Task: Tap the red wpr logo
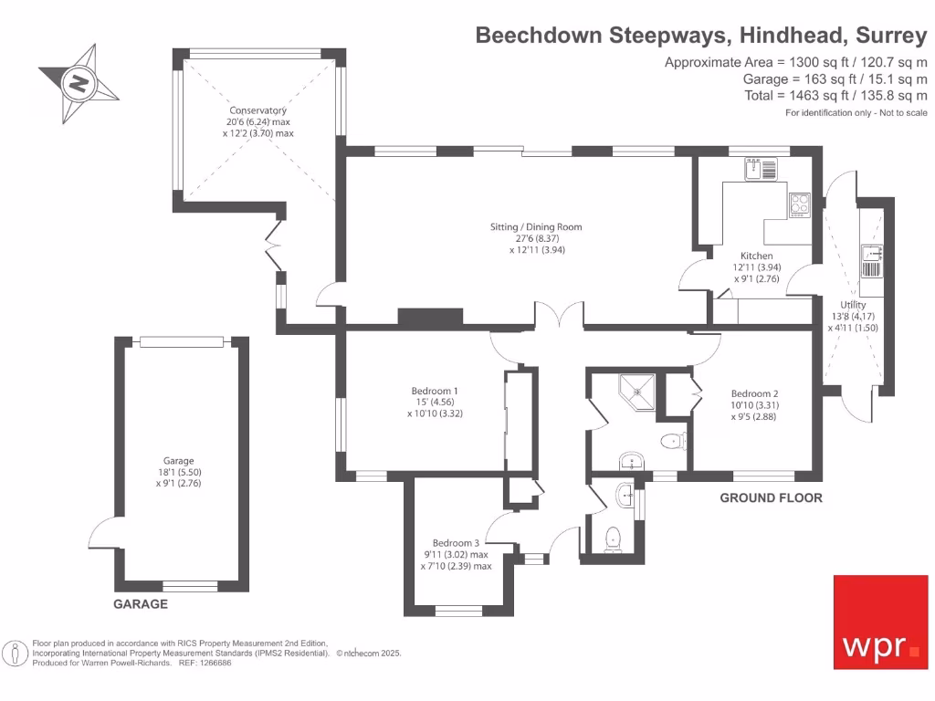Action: [880, 622]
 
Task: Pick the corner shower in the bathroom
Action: [638, 390]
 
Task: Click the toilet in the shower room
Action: [673, 442]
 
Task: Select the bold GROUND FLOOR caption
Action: [771, 498]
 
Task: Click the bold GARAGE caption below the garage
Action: [140, 604]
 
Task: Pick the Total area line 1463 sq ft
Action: [835, 96]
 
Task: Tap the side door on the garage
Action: [100, 534]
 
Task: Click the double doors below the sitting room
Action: [559, 317]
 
